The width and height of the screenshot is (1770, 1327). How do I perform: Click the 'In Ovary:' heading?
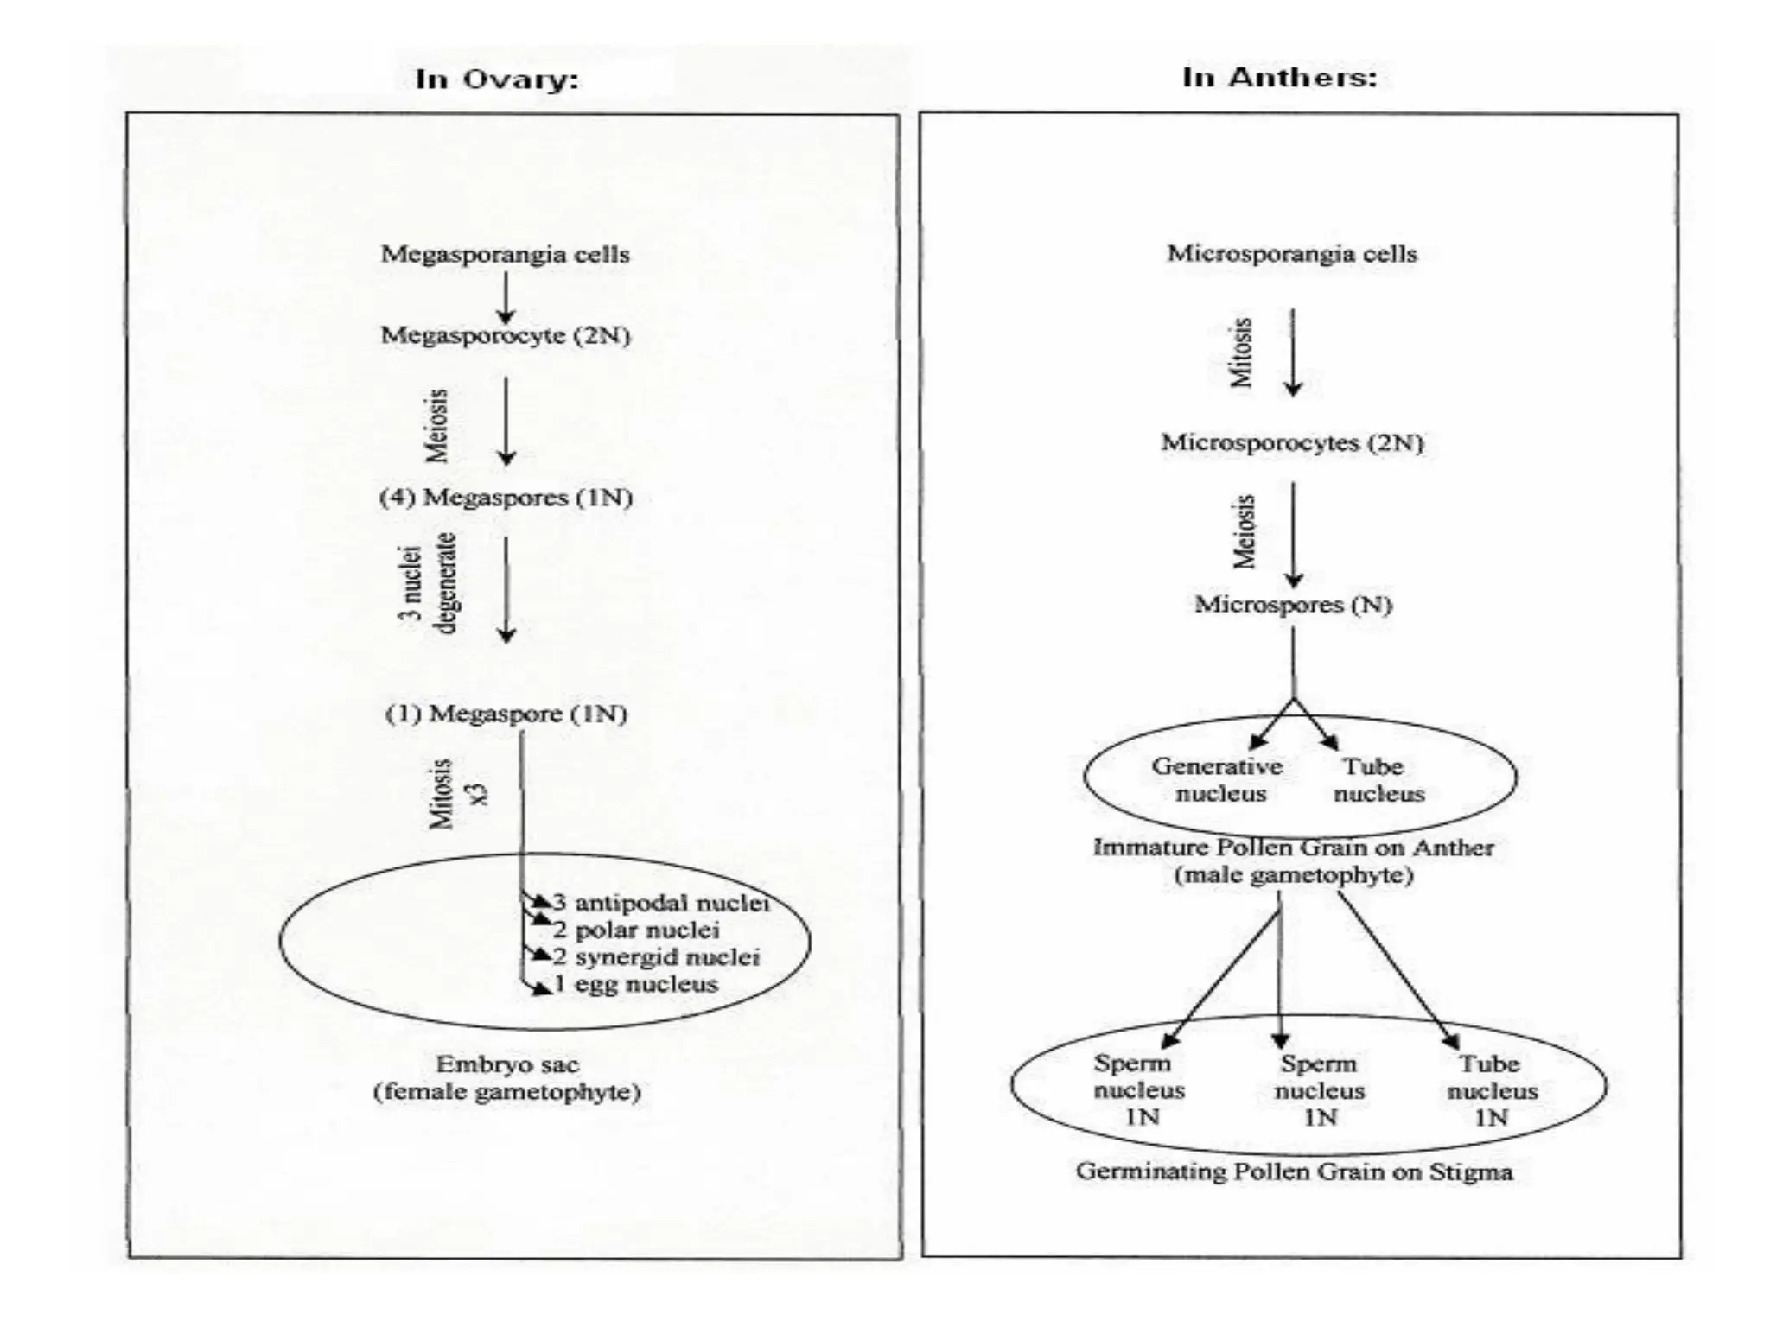[497, 79]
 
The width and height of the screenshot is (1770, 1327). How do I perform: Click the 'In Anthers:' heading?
[1279, 78]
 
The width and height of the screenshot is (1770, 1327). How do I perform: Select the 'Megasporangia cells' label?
[506, 254]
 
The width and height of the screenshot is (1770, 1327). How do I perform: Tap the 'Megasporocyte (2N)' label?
[506, 335]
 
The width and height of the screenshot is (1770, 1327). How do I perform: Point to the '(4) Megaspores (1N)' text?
[506, 498]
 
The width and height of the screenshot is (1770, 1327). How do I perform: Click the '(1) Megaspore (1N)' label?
[506, 714]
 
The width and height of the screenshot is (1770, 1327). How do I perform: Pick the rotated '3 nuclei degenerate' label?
[429, 583]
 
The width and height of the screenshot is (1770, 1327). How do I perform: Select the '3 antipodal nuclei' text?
[661, 903]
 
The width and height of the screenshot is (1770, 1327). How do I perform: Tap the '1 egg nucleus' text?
[635, 984]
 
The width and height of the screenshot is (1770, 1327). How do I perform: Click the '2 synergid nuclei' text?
[657, 957]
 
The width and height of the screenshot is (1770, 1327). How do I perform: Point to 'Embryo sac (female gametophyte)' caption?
[507, 1078]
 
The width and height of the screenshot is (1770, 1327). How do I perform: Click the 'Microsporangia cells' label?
[1292, 254]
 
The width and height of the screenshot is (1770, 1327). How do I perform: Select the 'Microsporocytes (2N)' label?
[1292, 442]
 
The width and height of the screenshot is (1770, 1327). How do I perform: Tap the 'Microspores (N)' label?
[1293, 604]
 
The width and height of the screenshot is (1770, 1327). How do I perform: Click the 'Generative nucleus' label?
[1218, 779]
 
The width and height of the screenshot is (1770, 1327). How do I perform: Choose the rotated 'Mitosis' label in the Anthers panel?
[1242, 352]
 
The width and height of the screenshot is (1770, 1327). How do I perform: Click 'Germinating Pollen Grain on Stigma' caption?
[1294, 1172]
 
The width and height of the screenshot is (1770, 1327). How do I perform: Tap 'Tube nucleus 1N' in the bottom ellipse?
[1492, 1090]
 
